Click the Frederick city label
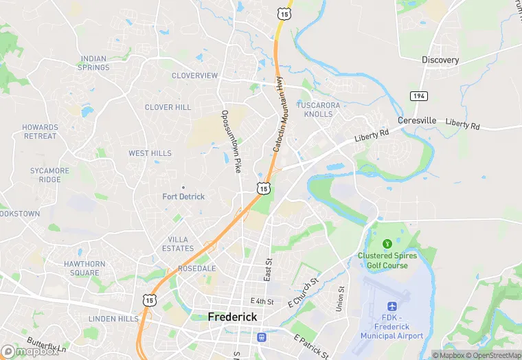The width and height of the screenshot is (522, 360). [233, 317]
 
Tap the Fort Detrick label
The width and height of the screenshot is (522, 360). [183, 196]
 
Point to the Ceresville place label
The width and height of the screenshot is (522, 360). [416, 120]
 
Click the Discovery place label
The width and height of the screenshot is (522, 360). [440, 60]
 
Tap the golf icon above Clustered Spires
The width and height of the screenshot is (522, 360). [387, 243]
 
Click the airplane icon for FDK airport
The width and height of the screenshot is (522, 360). [392, 306]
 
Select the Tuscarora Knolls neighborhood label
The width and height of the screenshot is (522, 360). [318, 109]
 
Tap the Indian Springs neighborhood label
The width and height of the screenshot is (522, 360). [94, 63]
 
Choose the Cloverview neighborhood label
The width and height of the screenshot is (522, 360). [194, 76]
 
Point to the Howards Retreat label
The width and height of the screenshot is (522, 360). [40, 132]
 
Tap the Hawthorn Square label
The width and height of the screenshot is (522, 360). [84, 268]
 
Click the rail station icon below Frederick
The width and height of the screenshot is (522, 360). [261, 337]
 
